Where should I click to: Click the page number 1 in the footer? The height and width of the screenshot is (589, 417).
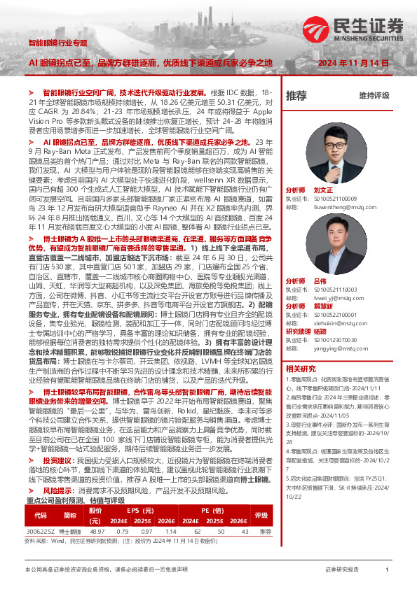(387, 570)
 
